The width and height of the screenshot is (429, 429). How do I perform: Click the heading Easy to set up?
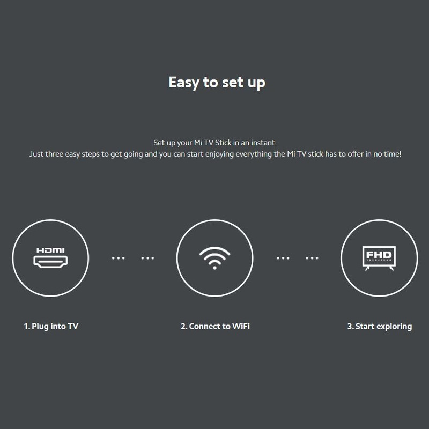pos(217,83)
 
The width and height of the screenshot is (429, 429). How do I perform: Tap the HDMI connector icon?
pos(50,262)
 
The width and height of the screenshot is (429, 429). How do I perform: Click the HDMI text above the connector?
pos(50,250)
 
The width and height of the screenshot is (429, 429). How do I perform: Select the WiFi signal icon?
pos(215,258)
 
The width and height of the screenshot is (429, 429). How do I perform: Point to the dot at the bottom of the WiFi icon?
pos(215,268)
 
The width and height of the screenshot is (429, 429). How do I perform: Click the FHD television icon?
pos(379,258)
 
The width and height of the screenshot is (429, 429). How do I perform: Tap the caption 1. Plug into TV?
pos(51,327)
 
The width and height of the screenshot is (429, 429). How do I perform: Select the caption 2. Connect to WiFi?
pos(215,326)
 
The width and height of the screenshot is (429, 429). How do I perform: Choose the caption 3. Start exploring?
pos(380,327)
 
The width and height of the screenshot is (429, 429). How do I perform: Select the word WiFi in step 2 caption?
pos(241,326)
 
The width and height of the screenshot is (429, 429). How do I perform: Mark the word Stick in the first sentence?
pos(223,143)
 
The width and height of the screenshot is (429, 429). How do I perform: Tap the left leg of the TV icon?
pos(367,268)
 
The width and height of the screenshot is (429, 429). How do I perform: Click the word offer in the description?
pos(356,154)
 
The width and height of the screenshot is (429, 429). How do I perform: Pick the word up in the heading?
pos(257,83)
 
